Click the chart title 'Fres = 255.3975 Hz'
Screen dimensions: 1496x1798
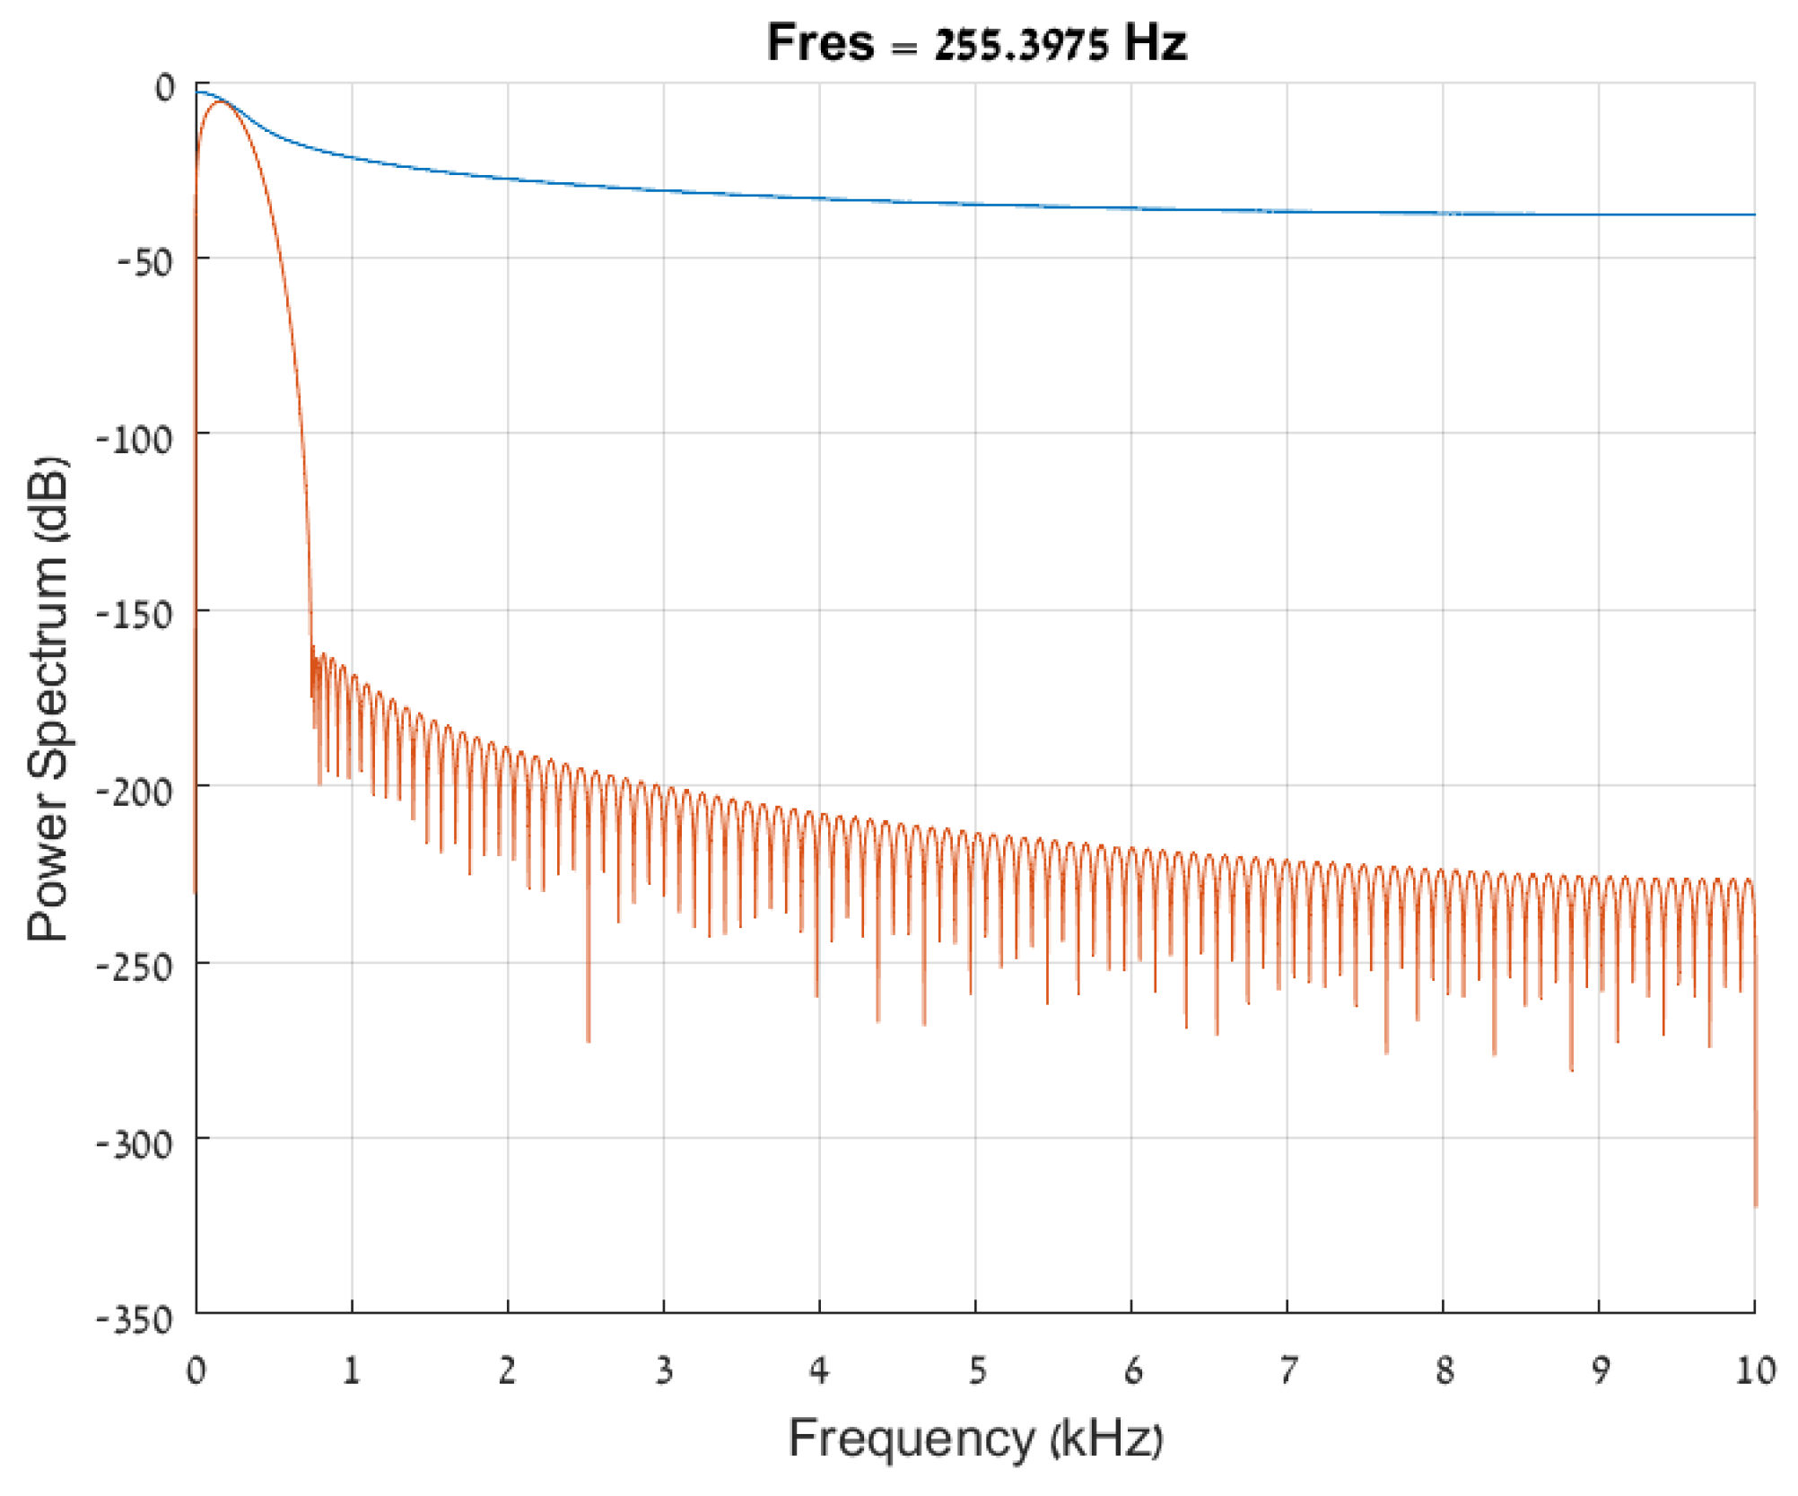976,43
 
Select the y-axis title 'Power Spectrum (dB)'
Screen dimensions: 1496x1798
48,698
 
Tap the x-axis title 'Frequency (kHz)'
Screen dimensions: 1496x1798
975,1438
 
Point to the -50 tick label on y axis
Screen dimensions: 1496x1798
144,262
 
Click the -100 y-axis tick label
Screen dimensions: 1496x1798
135,440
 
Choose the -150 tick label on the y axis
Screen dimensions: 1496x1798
135,616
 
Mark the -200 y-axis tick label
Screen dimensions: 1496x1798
135,792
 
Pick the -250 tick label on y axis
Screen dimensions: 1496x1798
135,967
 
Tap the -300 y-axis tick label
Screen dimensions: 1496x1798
135,1144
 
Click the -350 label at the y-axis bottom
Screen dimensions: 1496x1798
135,1320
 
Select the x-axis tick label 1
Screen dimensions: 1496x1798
352,1370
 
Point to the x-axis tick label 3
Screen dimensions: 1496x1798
664,1370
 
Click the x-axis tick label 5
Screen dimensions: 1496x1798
976,1370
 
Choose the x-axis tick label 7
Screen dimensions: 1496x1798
1288,1370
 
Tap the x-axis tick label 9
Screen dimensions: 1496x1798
1600,1370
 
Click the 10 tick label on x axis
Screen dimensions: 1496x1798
1755,1370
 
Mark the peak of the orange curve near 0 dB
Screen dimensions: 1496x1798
219,102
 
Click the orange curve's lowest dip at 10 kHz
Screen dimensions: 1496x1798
1755,1205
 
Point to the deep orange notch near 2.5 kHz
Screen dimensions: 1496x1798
588,1040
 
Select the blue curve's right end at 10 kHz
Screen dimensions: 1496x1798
1754,214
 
